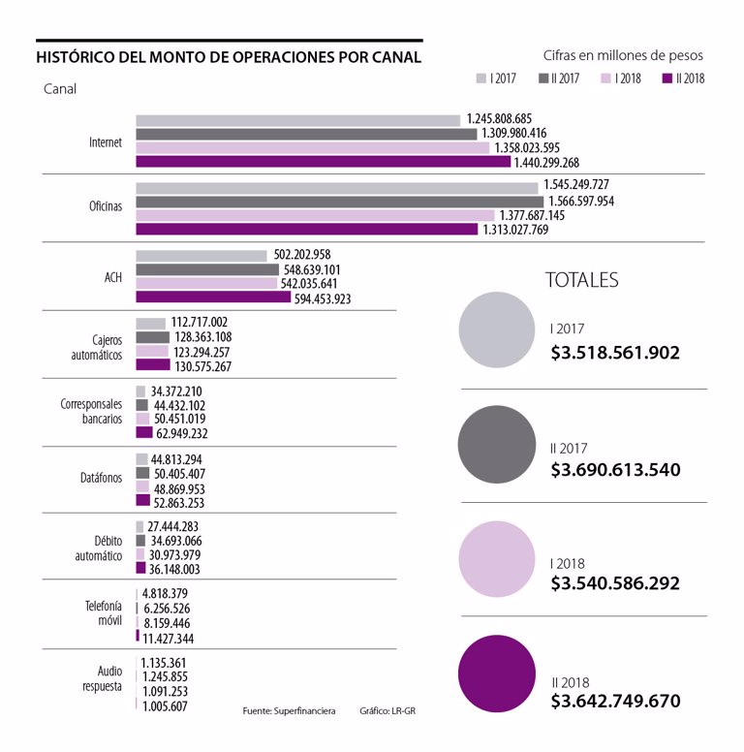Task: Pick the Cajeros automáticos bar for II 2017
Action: pyautogui.click(x=152, y=337)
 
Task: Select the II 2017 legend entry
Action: pyautogui.click(x=560, y=78)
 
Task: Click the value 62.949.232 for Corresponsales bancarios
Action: pyautogui.click(x=183, y=433)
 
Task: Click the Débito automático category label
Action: pyautogui.click(x=99, y=548)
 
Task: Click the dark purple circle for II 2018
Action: pyautogui.click(x=497, y=673)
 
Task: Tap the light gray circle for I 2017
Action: pyautogui.click(x=497, y=329)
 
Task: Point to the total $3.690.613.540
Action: pyautogui.click(x=615, y=470)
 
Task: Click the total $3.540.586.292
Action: pyautogui.click(x=615, y=583)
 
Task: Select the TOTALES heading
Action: pyautogui.click(x=582, y=280)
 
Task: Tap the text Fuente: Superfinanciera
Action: pyautogui.click(x=289, y=710)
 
